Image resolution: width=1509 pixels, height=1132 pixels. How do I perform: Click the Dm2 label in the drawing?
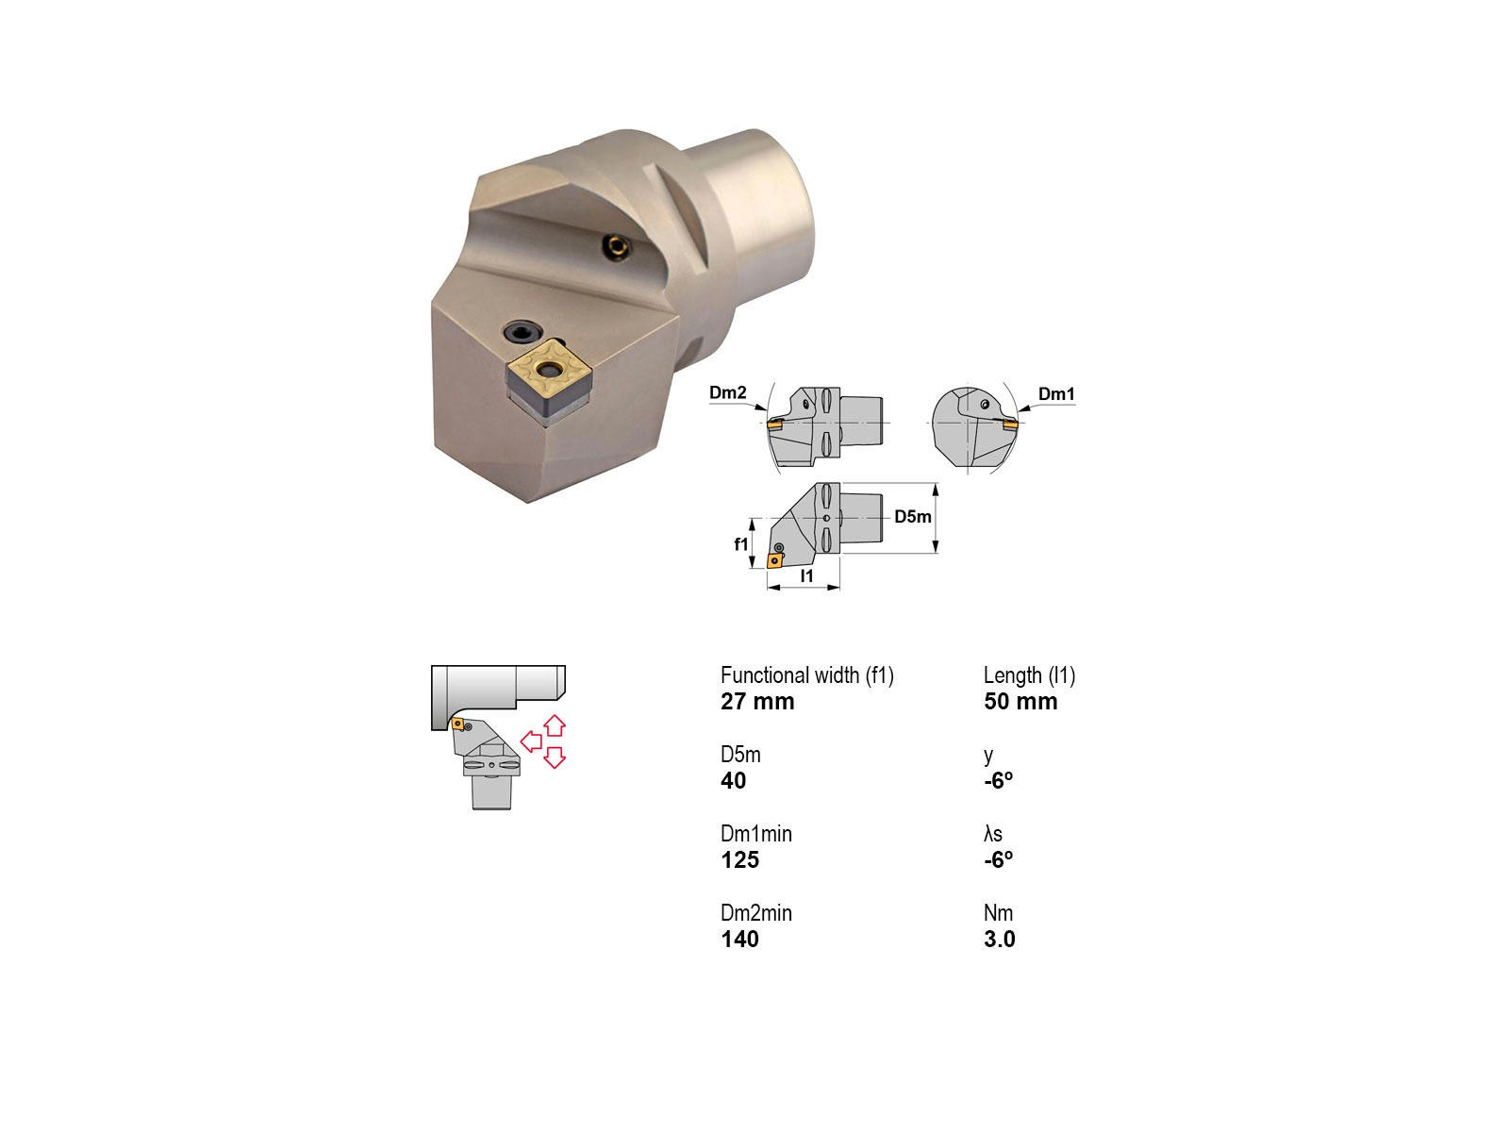727,392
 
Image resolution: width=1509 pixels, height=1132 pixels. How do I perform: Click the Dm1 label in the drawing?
1056,393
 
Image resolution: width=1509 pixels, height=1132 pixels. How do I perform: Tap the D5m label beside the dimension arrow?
912,516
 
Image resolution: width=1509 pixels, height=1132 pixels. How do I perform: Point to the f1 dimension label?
741,544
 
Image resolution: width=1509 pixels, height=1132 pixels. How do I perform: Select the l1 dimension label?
807,576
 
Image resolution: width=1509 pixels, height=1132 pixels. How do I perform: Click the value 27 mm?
757,701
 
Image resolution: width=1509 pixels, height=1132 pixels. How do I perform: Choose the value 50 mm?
1020,701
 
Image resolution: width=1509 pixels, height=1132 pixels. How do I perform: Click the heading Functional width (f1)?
807,675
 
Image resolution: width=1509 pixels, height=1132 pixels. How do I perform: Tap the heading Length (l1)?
1029,675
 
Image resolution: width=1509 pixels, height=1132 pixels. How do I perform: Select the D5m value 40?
733,780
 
